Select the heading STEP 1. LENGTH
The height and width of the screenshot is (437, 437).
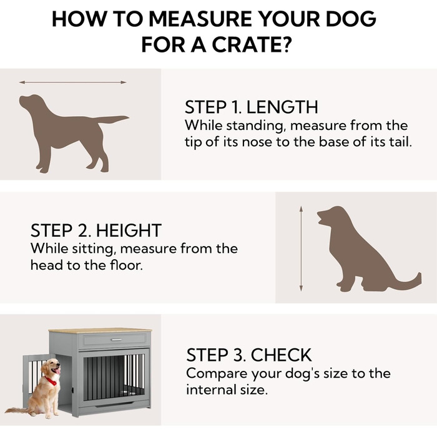(251, 107)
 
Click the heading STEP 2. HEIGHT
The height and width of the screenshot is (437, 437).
(96, 230)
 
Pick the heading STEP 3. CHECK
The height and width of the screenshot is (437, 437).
(248, 355)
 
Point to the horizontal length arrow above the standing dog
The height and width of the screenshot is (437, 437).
(73, 82)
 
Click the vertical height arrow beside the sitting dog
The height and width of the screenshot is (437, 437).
(301, 248)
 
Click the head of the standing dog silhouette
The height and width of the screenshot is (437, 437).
(31, 102)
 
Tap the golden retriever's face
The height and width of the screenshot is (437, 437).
(52, 367)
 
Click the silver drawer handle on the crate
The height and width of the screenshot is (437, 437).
(117, 340)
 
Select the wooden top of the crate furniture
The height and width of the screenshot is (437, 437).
(101, 330)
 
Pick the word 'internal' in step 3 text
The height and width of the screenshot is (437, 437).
(209, 390)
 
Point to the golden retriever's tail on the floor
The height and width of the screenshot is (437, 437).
(17, 411)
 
